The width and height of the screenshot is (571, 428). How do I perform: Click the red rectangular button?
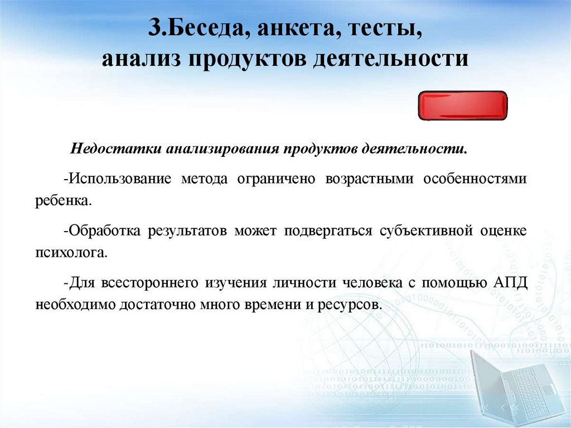(463, 106)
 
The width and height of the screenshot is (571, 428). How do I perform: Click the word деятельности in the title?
(390, 58)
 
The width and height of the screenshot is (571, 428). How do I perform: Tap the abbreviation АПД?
(509, 282)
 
